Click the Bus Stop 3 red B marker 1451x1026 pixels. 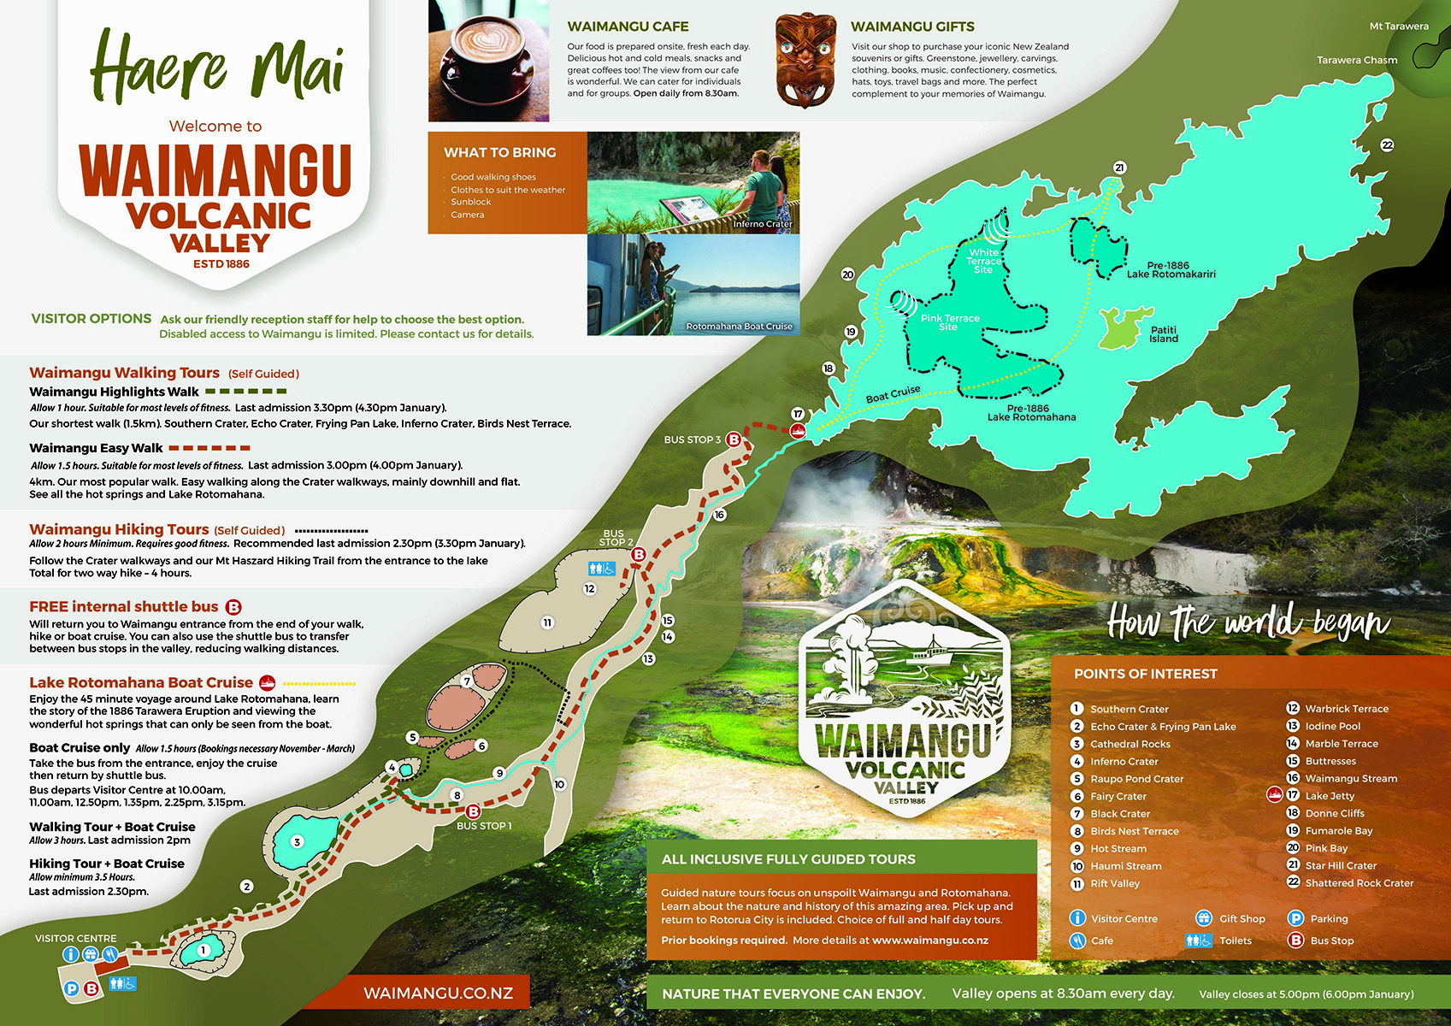(x=734, y=439)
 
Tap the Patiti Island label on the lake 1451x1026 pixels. (x=1164, y=334)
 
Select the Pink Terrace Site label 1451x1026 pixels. (x=949, y=322)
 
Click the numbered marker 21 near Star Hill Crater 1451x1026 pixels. (x=1119, y=168)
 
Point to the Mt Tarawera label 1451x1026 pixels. (x=1399, y=27)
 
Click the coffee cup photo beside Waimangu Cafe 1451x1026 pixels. (x=488, y=61)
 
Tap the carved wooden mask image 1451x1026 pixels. (x=805, y=61)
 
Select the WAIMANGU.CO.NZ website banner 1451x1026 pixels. (x=438, y=993)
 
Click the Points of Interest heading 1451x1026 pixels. (x=1145, y=674)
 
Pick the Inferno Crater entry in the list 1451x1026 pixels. (x=1124, y=761)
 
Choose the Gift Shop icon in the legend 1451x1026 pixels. (x=1204, y=918)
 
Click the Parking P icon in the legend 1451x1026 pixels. (x=1295, y=918)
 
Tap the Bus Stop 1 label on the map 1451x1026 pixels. (x=484, y=826)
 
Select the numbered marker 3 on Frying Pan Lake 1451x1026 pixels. (x=298, y=842)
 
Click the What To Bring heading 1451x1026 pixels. (x=499, y=152)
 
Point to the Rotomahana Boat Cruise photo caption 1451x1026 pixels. (x=739, y=327)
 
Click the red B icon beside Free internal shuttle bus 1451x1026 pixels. (x=233, y=607)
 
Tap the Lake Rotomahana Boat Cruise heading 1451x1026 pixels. (x=141, y=682)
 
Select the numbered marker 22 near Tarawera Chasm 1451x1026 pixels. (x=1387, y=145)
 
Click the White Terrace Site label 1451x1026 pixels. (x=983, y=261)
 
